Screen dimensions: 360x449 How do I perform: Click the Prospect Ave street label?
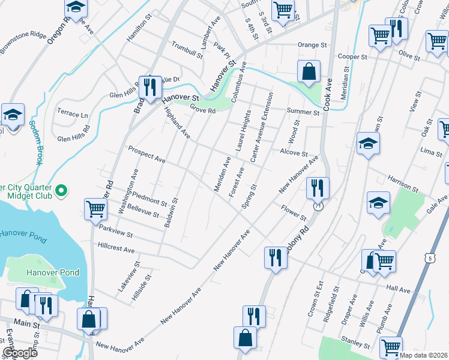(146, 154)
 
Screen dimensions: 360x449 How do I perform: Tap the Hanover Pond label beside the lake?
(53, 272)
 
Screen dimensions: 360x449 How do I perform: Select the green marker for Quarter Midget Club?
(61, 191)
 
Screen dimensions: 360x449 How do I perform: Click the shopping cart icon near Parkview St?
(96, 209)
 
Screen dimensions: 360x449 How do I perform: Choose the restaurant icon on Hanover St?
(149, 86)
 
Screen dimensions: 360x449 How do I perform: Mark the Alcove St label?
(294, 154)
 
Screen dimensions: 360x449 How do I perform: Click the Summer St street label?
(303, 112)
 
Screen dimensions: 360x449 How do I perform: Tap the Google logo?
(20, 352)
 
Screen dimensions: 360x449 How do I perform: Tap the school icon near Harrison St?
(378, 203)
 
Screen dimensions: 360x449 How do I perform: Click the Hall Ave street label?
(399, 290)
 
